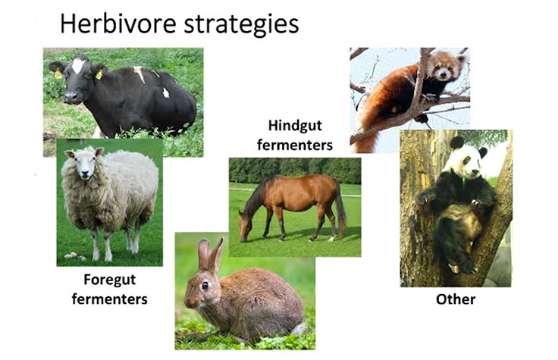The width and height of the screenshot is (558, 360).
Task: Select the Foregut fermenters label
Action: (x=109, y=289)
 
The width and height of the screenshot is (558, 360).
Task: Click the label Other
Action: (x=456, y=299)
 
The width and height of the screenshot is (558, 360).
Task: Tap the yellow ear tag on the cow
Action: (x=58, y=74)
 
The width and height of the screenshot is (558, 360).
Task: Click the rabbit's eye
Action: (x=205, y=285)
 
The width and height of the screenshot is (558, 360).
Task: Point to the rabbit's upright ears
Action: (x=210, y=254)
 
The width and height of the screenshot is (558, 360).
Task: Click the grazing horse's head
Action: (x=245, y=226)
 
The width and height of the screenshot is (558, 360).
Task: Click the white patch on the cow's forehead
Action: (x=78, y=67)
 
